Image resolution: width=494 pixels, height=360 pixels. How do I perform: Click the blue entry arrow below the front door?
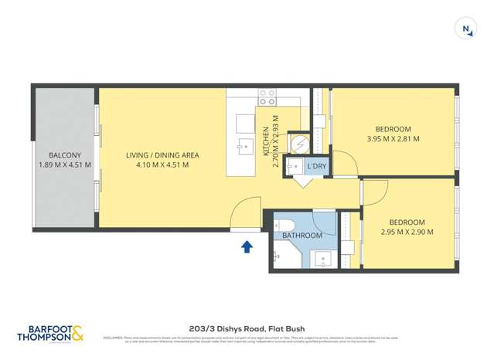[x=247, y=246]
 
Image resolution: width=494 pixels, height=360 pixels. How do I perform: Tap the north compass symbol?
[x=466, y=29]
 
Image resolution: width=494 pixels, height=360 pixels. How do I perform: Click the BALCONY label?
[x=65, y=155]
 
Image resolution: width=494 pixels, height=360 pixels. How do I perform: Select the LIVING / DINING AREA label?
[x=162, y=155]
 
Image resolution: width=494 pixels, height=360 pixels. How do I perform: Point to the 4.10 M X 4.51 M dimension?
[x=162, y=165]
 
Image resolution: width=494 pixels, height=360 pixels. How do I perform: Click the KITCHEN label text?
[x=264, y=142]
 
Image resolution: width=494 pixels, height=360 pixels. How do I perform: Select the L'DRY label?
[x=316, y=166]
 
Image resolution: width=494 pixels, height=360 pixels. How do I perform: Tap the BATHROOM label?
[x=302, y=235]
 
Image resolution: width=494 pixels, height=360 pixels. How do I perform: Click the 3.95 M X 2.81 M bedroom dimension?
[x=393, y=139]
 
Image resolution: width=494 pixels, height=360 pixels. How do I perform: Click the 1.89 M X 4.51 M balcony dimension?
[x=65, y=165]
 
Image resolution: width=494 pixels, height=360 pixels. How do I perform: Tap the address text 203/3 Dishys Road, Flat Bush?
[x=247, y=327]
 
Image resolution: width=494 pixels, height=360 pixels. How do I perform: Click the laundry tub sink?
[x=295, y=165]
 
